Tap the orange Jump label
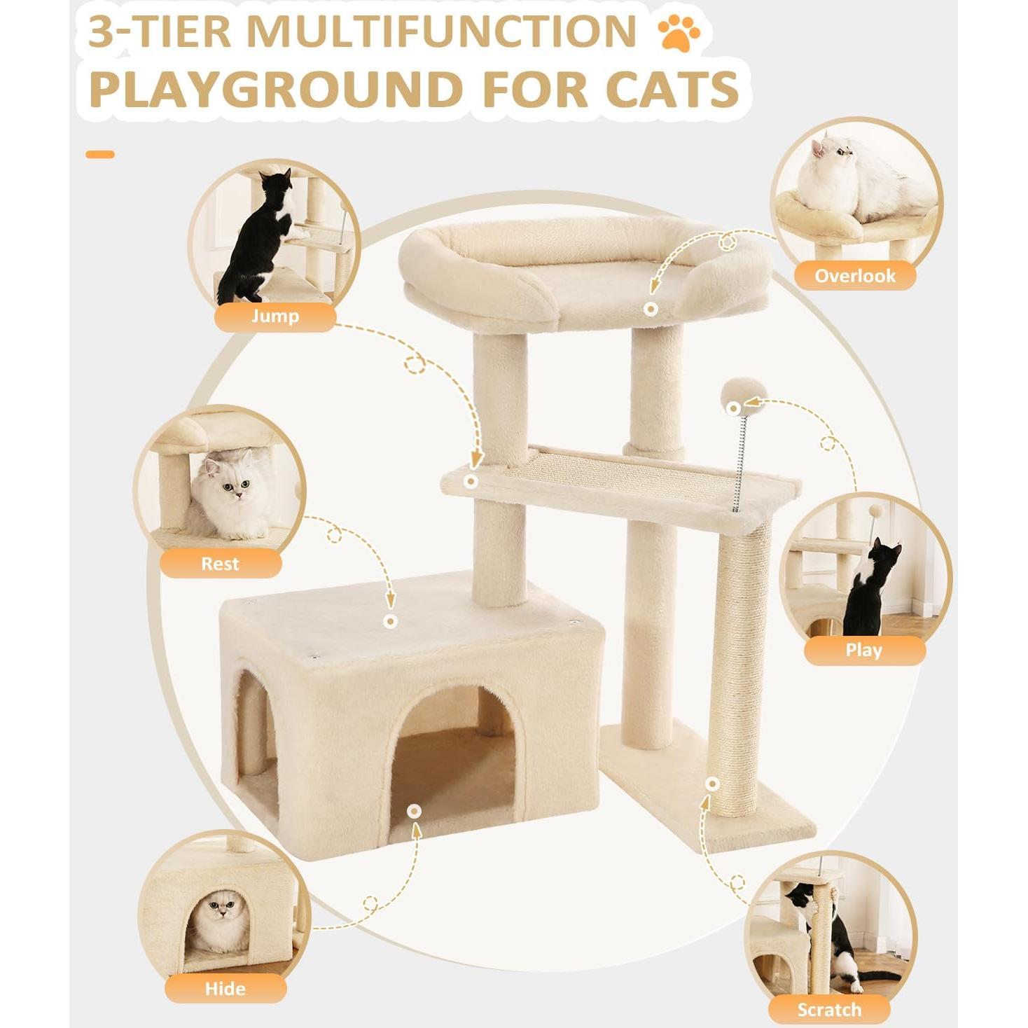point(275,317)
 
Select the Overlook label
point(854,275)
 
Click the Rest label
point(220,564)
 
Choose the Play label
point(863,650)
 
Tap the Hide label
point(225,988)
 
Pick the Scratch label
point(829,1009)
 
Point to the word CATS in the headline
point(672,90)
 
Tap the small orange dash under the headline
point(100,154)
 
